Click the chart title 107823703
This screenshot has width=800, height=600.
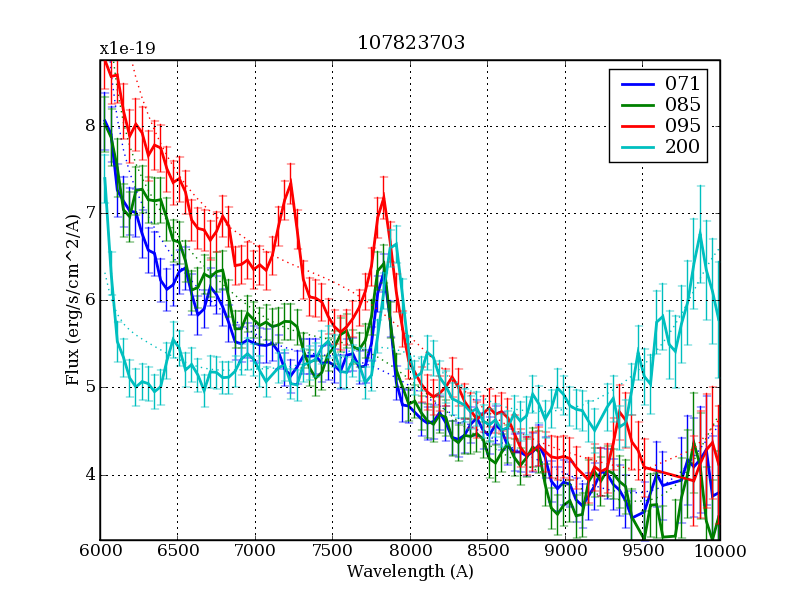[411, 43]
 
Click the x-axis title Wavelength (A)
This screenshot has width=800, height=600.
[410, 572]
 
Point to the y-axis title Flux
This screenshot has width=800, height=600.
[73, 300]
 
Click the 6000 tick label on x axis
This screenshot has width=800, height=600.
[100, 551]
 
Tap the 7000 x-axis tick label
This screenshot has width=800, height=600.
[255, 551]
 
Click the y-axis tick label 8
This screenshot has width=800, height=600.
[89, 126]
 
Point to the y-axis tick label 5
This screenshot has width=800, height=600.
[89, 387]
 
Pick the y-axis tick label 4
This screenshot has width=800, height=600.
[89, 474]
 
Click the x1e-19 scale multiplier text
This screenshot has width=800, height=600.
[127, 48]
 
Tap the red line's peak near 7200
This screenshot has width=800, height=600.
[290, 182]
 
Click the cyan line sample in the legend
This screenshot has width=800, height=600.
[635, 148]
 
